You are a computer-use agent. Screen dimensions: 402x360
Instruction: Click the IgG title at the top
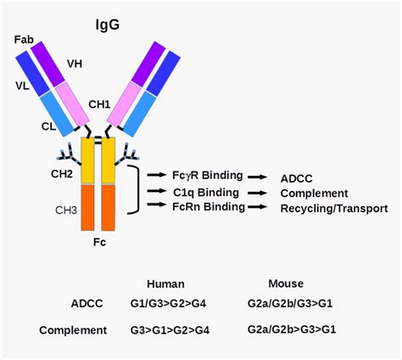(x=108, y=25)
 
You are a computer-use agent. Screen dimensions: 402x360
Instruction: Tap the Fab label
(x=24, y=40)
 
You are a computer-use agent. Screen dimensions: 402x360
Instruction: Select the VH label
(x=75, y=64)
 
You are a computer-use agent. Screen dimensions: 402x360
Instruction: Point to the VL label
(x=23, y=86)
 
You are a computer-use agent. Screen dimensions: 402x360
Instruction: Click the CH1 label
(x=99, y=104)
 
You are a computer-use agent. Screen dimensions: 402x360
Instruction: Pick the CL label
(x=48, y=127)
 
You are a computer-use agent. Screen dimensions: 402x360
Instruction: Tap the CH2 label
(x=62, y=174)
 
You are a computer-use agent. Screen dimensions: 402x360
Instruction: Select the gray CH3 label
(x=66, y=211)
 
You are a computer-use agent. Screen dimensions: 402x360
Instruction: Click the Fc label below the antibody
(x=99, y=242)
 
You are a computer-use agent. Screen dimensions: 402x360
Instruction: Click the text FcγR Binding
(x=208, y=176)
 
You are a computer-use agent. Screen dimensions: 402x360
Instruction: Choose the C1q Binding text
(x=206, y=193)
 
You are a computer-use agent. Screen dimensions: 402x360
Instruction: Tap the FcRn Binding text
(x=209, y=207)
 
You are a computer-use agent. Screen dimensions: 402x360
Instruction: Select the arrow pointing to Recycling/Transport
(x=257, y=207)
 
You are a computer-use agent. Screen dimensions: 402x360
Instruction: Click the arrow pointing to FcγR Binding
(x=157, y=175)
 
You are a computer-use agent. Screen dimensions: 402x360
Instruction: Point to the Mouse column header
(x=286, y=284)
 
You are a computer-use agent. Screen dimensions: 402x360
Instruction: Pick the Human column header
(x=165, y=284)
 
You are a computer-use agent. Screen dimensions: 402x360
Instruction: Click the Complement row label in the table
(x=73, y=330)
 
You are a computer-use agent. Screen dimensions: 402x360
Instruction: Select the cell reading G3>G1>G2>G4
(x=170, y=330)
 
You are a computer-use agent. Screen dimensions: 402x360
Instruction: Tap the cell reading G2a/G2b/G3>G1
(x=290, y=303)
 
